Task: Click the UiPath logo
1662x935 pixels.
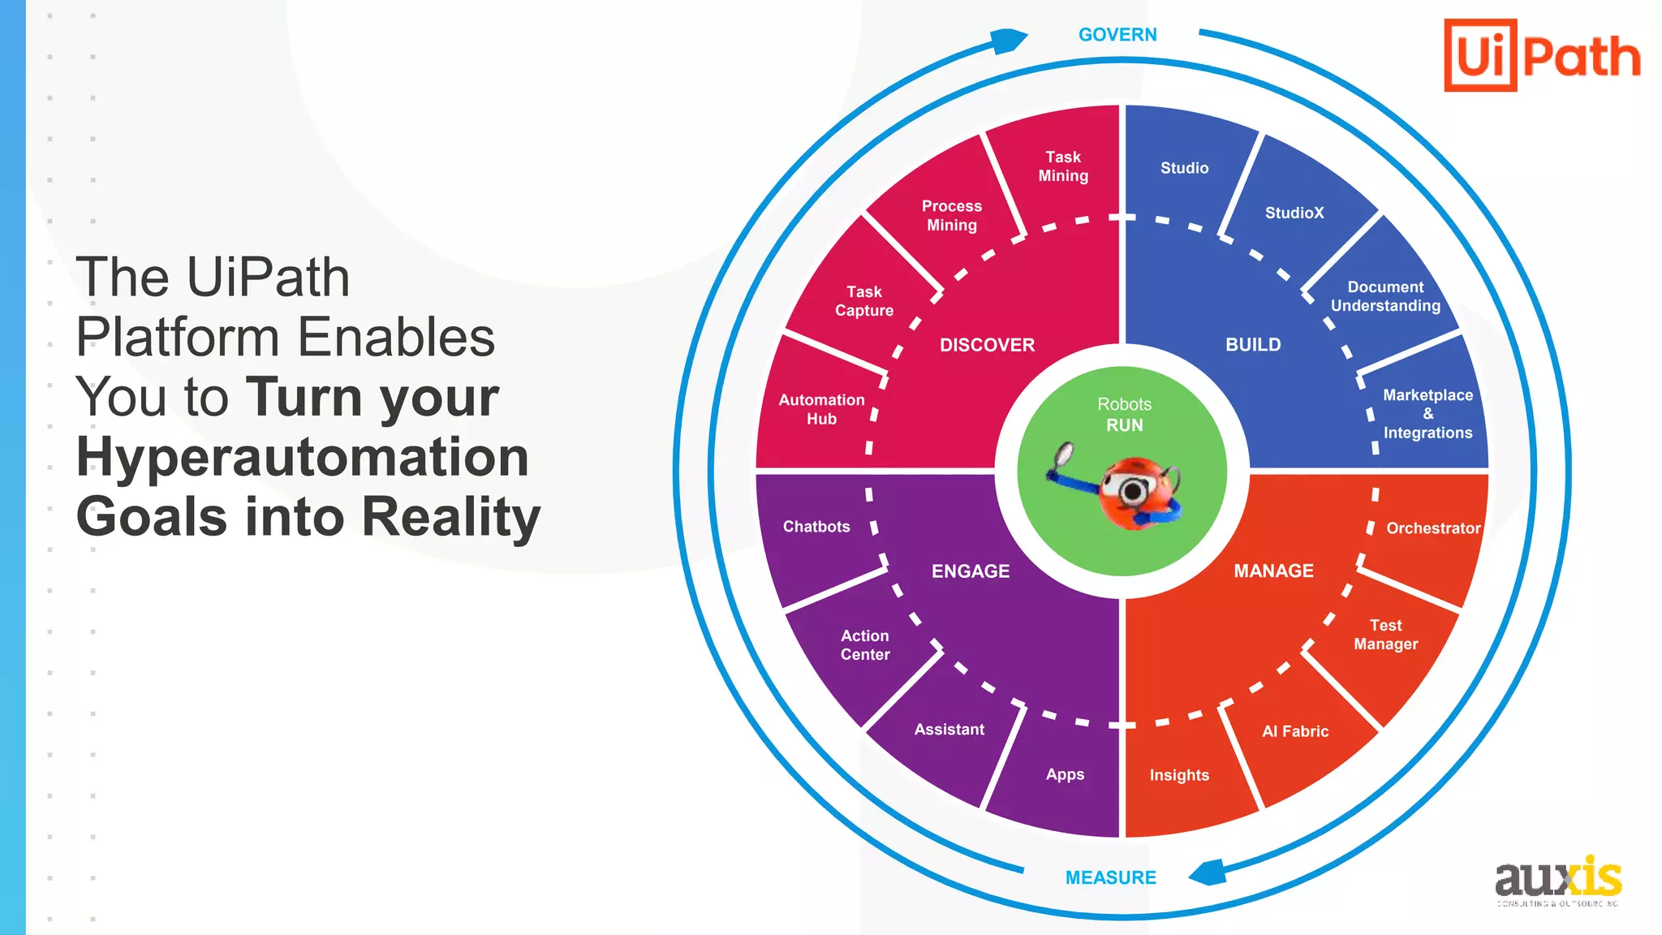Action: [1542, 55]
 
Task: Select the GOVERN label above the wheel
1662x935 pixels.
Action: [1117, 35]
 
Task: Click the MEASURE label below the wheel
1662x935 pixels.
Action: [1110, 877]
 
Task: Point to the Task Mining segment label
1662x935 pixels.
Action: [1063, 166]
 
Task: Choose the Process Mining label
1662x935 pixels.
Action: [952, 216]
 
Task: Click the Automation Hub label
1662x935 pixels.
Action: [821, 409]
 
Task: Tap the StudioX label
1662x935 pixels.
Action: [1294, 213]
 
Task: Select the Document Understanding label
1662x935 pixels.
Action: [1385, 296]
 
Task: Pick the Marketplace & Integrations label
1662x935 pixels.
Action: [1427, 414]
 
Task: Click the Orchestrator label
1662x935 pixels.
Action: [1433, 528]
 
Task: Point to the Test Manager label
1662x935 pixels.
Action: [1385, 635]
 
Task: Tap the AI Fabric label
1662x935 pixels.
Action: [1295, 731]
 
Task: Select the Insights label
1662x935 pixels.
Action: [1179, 775]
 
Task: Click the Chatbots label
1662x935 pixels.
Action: [816, 527]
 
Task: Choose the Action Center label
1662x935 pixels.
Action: [865, 645]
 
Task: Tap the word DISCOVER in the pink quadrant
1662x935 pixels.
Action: [987, 345]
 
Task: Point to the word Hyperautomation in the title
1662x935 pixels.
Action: [302, 457]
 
